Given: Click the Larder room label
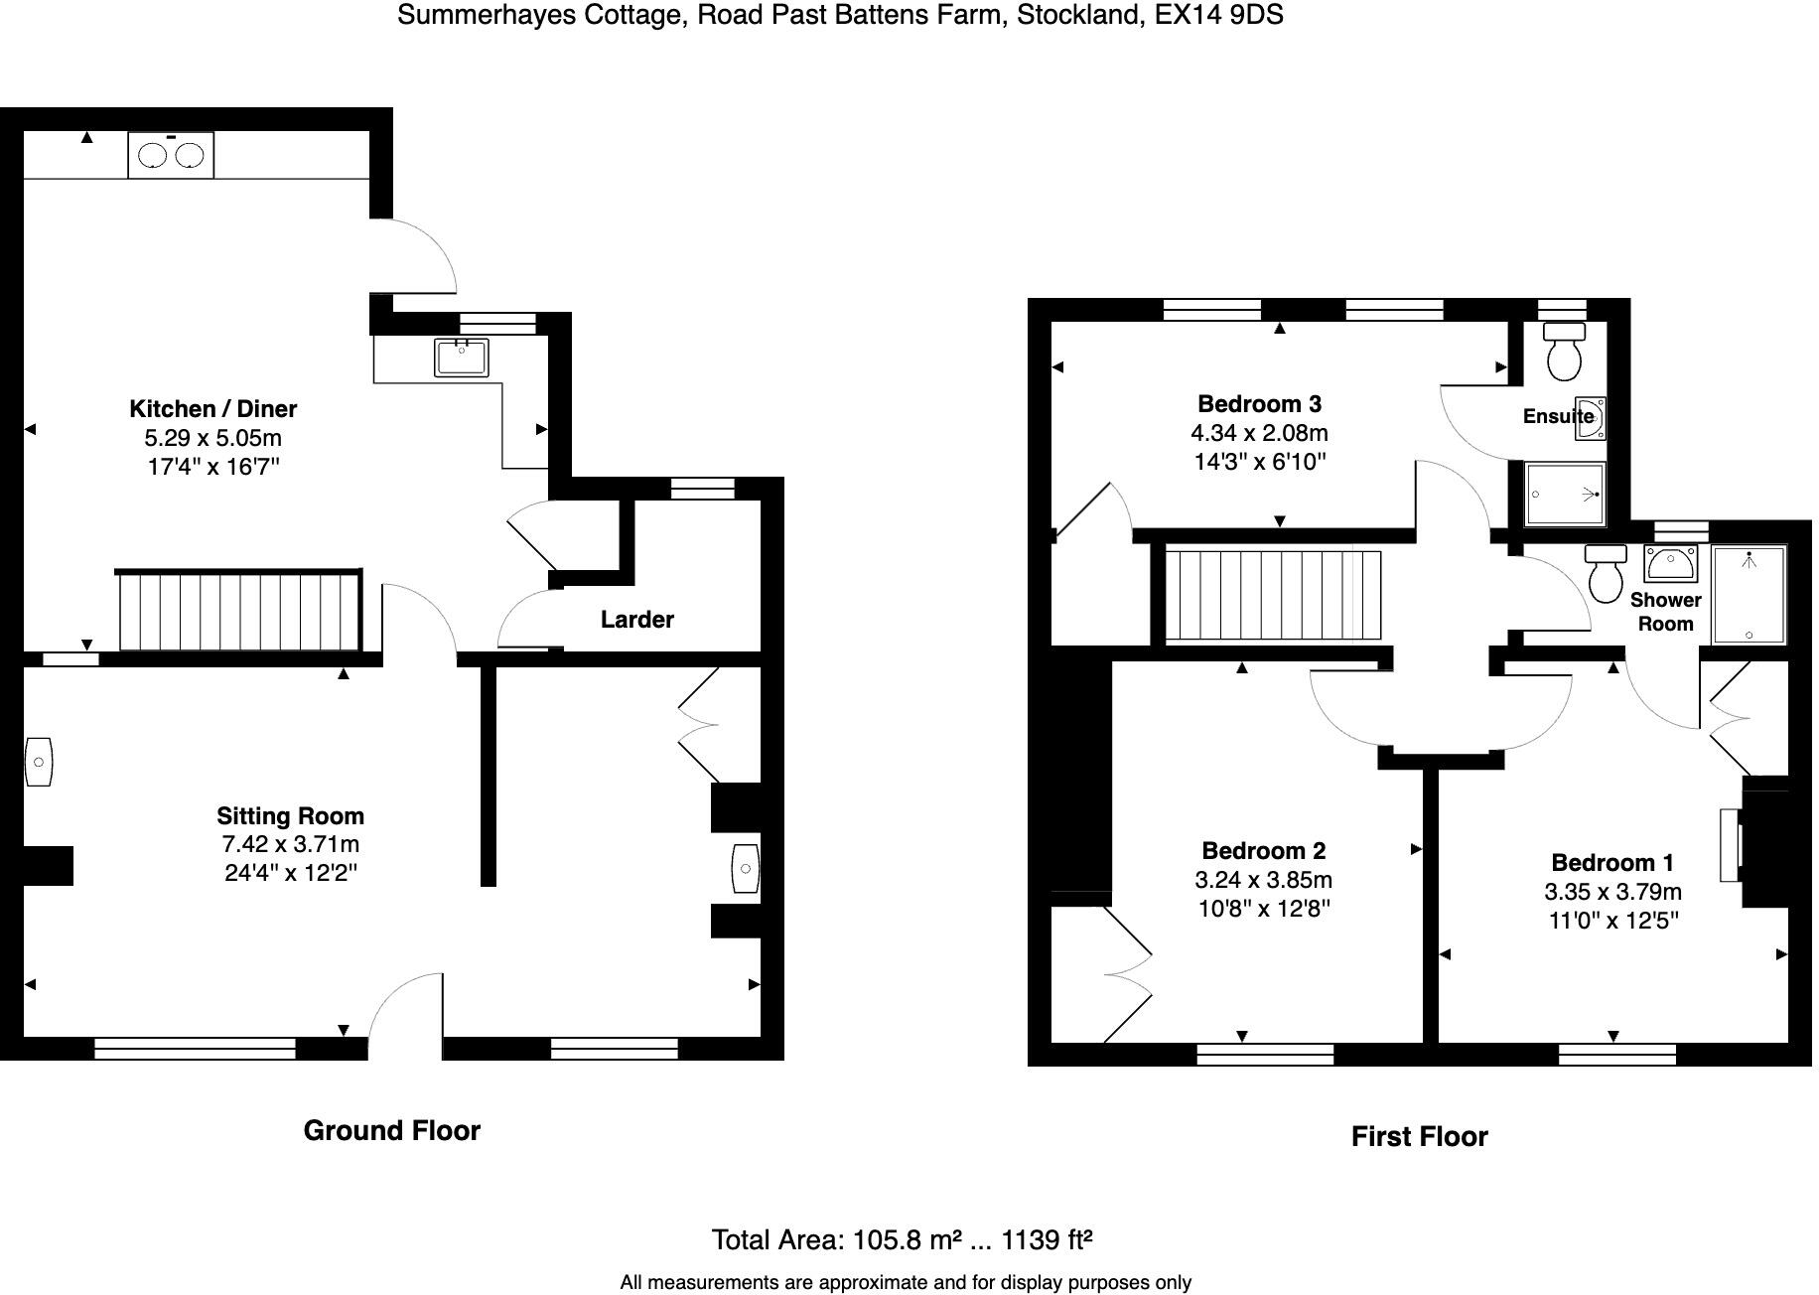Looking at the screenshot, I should pos(636,620).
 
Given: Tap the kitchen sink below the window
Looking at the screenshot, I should pos(462,358).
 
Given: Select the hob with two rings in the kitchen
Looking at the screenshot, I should pos(171,156).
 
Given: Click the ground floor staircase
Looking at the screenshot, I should pos(238,612).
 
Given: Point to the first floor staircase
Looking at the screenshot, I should pos(1272,595).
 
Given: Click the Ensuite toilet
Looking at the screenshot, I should pos(1565,352).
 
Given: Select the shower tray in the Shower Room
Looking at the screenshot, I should pos(1749,594).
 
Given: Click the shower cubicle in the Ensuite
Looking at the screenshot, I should pos(1565,494).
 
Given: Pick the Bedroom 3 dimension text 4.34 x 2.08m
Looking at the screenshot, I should pos(1259,433).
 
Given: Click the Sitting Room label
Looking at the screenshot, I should pos(290,816).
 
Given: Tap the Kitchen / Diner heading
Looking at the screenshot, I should pos(212,409).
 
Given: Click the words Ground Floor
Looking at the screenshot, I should pos(391,1131).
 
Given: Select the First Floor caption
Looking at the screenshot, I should pos(1419,1137).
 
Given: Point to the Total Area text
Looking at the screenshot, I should pos(902,1240).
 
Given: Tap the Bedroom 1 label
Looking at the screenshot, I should pos(1612,863).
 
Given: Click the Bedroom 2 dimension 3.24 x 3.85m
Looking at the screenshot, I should pos(1263,880).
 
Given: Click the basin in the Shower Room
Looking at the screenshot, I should pos(1670,563).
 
